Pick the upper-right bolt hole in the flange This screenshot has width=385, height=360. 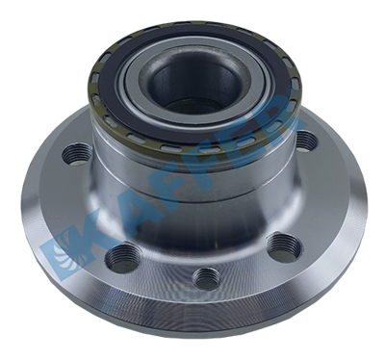pos(304,141)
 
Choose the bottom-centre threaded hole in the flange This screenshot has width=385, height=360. pos(204,278)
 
